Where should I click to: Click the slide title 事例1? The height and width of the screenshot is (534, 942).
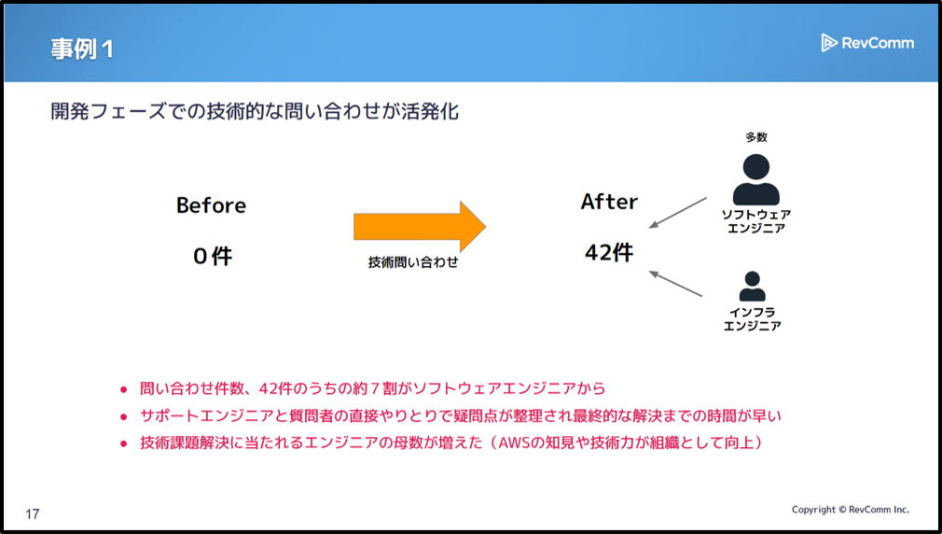82,49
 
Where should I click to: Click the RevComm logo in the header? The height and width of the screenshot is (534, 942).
866,43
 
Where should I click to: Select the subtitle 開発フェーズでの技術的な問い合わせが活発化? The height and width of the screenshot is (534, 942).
255,112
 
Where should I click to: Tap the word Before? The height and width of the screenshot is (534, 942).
212,205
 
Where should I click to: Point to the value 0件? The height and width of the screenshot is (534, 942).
213,256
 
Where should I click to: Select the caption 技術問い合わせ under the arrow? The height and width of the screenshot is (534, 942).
413,263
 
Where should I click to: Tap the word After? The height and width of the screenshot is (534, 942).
609,202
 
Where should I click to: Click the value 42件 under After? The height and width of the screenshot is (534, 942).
609,252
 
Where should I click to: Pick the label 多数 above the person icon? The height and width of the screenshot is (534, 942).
756,137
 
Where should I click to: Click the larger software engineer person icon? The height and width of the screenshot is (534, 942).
755,179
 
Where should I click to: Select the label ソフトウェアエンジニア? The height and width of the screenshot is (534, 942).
755,221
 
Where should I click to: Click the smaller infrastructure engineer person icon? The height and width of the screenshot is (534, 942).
752,286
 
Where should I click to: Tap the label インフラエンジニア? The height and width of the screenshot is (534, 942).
752,318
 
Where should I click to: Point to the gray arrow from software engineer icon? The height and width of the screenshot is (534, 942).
678,212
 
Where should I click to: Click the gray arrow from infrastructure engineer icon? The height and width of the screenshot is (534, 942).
675,284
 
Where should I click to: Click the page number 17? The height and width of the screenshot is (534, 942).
33,514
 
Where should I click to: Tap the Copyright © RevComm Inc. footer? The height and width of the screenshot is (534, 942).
850,510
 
